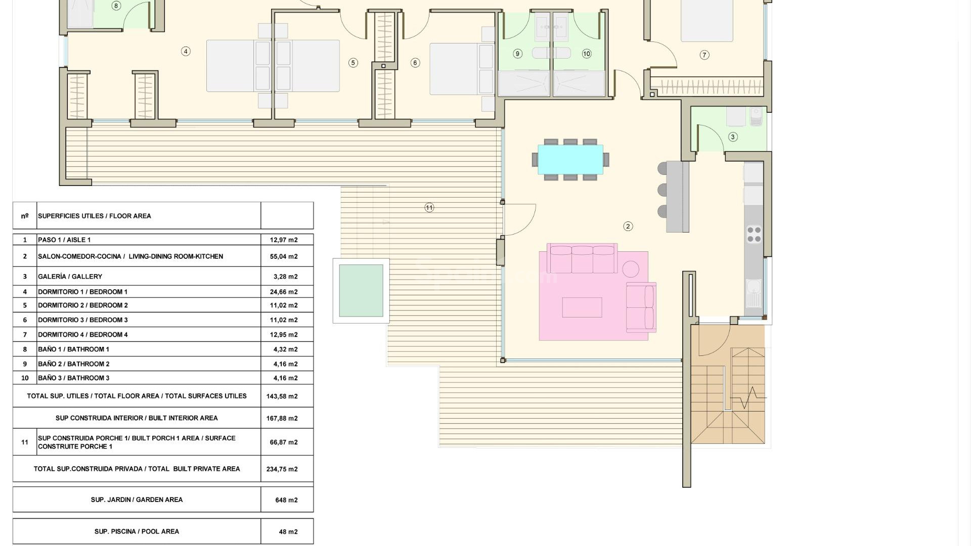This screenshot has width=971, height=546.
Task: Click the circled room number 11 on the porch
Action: coord(429,207)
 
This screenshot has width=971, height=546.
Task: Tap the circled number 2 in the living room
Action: coord(628,226)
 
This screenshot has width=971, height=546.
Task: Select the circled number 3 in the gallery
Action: coord(733,136)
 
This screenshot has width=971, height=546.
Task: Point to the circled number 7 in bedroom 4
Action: coord(704,55)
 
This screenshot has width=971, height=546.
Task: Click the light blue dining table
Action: coord(570,159)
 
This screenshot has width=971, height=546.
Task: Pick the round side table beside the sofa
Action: coord(631,269)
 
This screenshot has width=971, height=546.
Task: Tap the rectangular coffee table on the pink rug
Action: coord(582,307)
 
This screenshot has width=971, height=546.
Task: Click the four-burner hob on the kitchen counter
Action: coord(754,235)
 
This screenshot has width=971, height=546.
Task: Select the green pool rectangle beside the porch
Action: coord(361,291)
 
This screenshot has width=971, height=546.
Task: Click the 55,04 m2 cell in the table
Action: coord(284,256)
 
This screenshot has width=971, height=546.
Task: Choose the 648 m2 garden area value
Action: coord(286,500)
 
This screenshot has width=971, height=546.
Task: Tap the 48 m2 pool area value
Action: coord(288,532)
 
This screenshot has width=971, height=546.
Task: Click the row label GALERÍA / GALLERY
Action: coord(70,277)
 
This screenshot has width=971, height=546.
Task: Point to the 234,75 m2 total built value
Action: coord(282,469)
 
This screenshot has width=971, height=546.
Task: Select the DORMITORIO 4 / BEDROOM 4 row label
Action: coord(83,335)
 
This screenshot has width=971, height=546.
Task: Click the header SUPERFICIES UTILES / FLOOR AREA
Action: coord(95,216)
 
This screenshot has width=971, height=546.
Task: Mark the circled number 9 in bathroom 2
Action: coord(517,54)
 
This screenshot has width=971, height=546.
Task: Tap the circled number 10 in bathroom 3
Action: coord(587,54)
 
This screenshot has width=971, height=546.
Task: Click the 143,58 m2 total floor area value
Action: coord(282,396)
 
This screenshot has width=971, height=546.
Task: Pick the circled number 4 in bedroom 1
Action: coord(186,51)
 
